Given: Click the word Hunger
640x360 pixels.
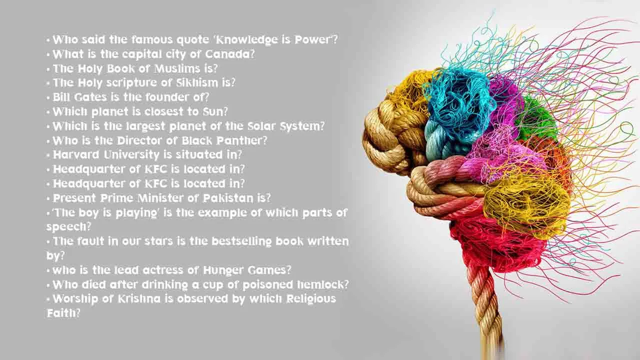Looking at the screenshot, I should (223, 270).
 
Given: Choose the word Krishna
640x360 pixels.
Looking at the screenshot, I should (131, 299).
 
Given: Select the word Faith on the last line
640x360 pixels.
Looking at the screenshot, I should (60, 313).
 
